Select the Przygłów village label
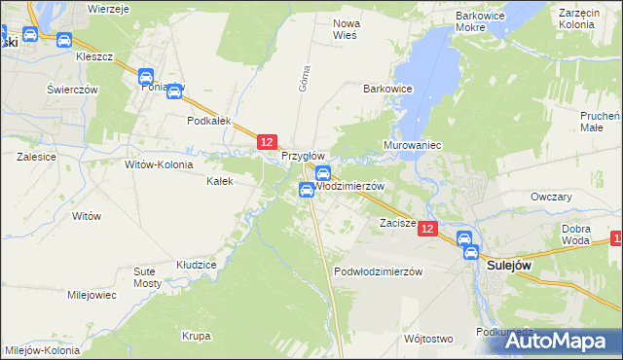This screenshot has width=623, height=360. (x=303, y=156)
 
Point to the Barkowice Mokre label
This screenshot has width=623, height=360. (x=484, y=22)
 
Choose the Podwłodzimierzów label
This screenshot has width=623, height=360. (x=378, y=271)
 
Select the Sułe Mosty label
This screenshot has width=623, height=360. (x=146, y=275)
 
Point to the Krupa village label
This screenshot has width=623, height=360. (x=196, y=336)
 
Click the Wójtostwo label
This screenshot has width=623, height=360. (x=428, y=339)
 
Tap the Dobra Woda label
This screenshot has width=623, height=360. (x=576, y=234)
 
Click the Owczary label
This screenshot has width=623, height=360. (x=550, y=196)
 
